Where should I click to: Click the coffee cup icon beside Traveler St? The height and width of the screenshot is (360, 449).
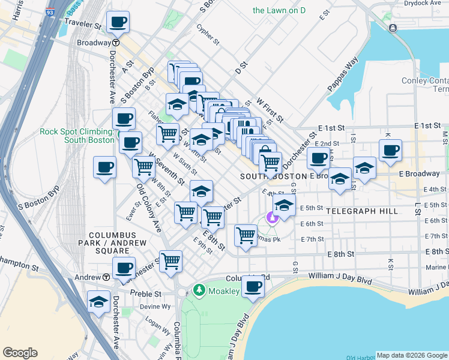pyautogui.click(x=118, y=23)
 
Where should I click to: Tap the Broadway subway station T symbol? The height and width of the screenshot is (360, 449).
pyautogui.click(x=115, y=43)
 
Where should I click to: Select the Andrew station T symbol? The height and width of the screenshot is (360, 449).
pyautogui.click(x=106, y=277)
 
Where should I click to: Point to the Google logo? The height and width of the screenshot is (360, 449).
pyautogui.click(x=20, y=353)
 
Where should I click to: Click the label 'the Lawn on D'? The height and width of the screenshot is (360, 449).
pyautogui.click(x=279, y=10)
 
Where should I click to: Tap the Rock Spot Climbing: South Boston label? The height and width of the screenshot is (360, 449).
pyautogui.click(x=77, y=136)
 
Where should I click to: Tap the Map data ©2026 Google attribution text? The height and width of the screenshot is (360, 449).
pyautogui.click(x=412, y=355)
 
